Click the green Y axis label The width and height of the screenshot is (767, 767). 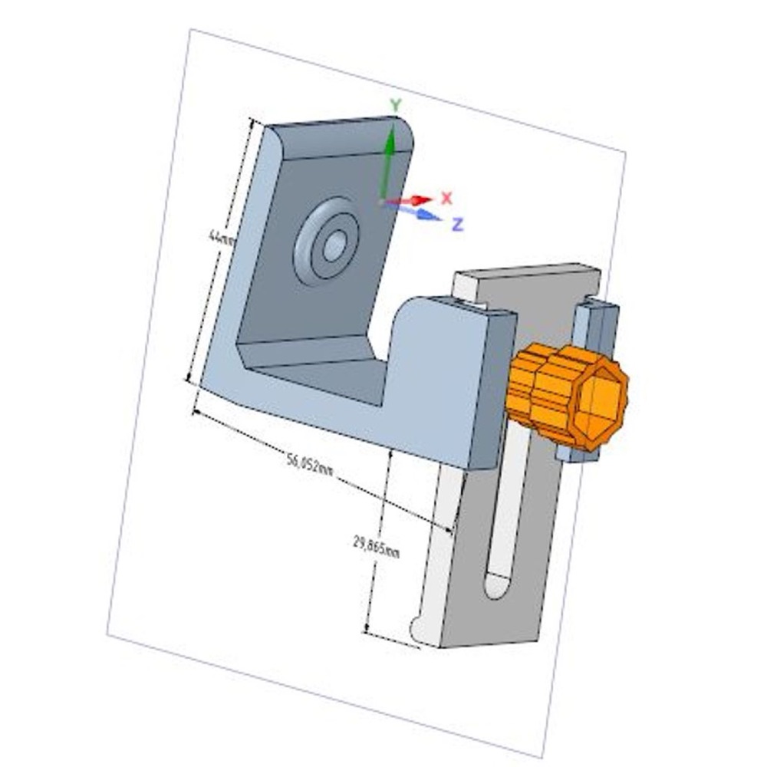(395, 104)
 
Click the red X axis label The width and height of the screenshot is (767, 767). (446, 198)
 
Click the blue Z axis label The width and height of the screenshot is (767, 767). (457, 224)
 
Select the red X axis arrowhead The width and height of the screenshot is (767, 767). (422, 199)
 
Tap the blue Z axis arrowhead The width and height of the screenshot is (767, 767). (429, 216)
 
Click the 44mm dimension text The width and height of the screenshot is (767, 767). (221, 239)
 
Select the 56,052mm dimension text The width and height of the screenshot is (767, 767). (310, 465)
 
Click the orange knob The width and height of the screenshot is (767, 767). (567, 396)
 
